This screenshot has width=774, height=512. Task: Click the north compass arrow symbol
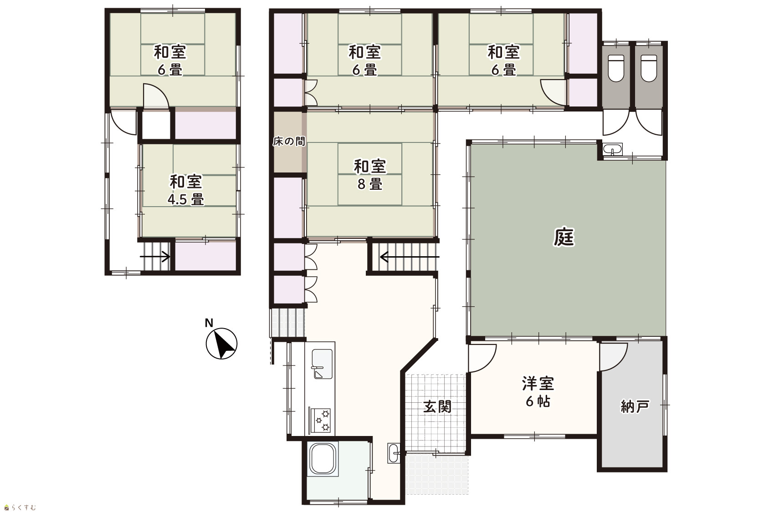coord(221,344)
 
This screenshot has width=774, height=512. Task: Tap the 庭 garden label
coord(564,238)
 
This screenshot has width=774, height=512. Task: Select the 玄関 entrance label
coord(437,407)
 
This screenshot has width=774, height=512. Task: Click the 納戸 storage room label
coord(635,407)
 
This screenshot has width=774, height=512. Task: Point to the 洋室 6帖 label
coord(538,392)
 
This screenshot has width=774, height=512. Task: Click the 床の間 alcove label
coord(289,141)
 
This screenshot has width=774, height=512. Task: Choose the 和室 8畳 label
coord(370,175)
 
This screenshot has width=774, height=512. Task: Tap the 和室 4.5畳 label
coord(185,190)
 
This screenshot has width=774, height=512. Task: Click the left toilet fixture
coord(616,68)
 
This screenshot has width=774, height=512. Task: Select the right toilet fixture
coord(649,68)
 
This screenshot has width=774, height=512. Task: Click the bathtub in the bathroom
coord(323,459)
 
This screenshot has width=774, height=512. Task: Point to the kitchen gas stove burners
coord(322,420)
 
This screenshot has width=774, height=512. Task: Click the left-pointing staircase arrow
coord(410,257)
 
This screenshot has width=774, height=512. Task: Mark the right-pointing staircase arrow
coord(155,257)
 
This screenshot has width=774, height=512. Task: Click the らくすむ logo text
coord(21,507)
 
